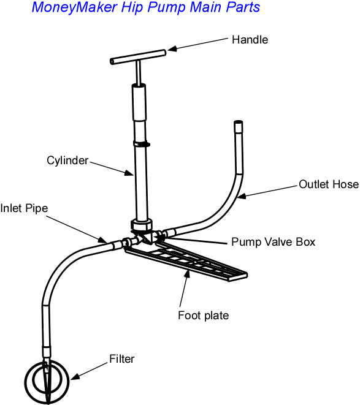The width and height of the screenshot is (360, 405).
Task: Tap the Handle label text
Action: pos(250,40)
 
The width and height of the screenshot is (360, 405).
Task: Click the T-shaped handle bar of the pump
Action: pos(138,56)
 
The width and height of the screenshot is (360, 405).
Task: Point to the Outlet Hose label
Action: pos(328,184)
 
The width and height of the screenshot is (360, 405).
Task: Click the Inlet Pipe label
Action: pos(24,208)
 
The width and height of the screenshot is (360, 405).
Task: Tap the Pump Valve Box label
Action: pos(273,242)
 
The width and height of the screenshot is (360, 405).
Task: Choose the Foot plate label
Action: pos(203,316)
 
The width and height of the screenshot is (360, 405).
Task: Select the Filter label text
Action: pos(121,358)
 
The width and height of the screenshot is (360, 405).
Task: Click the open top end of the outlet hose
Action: pos(238,125)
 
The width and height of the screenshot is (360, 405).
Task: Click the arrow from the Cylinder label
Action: pos(113,168)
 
